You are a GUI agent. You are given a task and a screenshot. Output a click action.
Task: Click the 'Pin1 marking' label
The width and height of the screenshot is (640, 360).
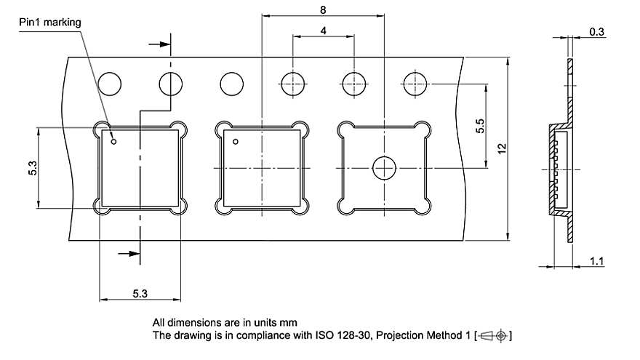click(x=50, y=23)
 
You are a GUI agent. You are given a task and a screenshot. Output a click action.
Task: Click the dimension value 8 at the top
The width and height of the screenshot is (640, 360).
click(x=322, y=9)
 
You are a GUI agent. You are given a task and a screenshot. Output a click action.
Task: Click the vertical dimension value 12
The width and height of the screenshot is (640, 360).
click(x=501, y=148)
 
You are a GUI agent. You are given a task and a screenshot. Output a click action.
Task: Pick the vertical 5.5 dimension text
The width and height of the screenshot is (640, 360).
click(x=480, y=125)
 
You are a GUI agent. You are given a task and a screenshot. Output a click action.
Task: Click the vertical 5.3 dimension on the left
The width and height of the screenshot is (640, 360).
click(x=23, y=167)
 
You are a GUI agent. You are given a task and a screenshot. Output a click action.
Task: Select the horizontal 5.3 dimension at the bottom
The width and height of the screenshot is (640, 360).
click(x=140, y=294)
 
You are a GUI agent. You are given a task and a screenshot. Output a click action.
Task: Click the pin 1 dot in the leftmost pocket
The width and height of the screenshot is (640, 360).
click(x=113, y=141)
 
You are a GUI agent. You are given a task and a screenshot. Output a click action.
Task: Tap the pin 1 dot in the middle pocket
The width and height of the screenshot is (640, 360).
click(x=236, y=141)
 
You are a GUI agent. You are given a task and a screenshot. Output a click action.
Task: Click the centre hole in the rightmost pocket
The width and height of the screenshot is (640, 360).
click(x=383, y=168)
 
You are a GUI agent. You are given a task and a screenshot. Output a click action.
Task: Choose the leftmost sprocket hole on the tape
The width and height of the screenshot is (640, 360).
click(x=110, y=84)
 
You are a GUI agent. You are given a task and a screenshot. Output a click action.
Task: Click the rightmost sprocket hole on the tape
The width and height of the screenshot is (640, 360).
click(x=415, y=84)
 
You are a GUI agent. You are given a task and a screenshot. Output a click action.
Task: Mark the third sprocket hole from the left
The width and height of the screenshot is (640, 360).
click(x=231, y=84)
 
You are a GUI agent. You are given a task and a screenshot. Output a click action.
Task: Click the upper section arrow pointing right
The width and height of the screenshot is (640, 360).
click(x=157, y=44)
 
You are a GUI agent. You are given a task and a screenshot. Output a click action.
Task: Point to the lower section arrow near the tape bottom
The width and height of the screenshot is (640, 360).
click(x=127, y=254)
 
